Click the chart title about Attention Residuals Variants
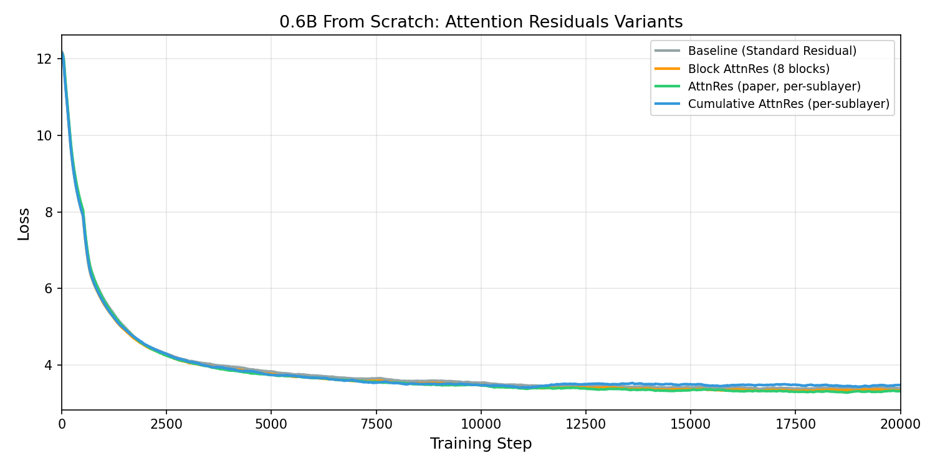tap(481, 22)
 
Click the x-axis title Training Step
tap(481, 444)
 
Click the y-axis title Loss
tap(24, 223)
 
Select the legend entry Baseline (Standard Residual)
tap(772, 51)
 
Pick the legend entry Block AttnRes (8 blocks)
tap(759, 69)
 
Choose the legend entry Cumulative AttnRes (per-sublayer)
tap(789, 104)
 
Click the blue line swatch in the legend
tap(668, 104)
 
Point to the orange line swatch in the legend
tap(668, 69)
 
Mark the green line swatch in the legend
tap(668, 86)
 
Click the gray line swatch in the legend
tap(668, 51)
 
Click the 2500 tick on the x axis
tap(166, 424)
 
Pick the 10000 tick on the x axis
tap(481, 424)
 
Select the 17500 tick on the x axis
tap(795, 424)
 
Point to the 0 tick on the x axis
tap(62, 424)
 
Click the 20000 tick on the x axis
tap(899, 424)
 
